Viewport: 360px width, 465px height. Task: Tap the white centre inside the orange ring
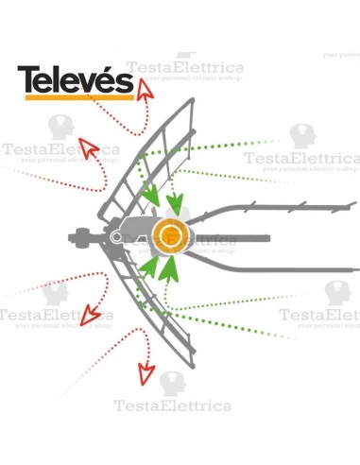tap(171, 234)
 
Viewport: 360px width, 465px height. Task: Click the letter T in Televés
tap(29, 80)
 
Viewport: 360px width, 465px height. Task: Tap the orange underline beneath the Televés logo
tap(76, 97)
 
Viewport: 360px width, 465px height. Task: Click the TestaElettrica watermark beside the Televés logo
tap(185, 68)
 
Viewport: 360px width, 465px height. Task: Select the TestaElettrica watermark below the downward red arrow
tap(172, 406)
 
